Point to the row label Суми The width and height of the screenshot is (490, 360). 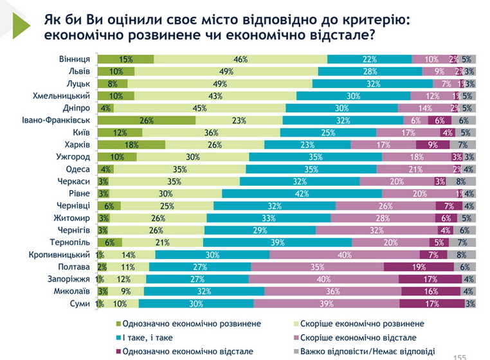point(79,303)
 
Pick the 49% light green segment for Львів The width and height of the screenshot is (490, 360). point(226,71)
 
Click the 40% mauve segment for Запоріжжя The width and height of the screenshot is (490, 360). point(323,278)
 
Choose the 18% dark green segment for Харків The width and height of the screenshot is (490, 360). point(132,145)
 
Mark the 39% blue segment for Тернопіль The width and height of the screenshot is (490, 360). point(278,242)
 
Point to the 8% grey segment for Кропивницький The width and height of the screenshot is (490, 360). point(461,254)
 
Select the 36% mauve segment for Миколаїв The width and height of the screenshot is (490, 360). point(331,291)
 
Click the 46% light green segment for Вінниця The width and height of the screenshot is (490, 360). point(240,59)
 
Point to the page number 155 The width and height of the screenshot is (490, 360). point(460,356)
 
